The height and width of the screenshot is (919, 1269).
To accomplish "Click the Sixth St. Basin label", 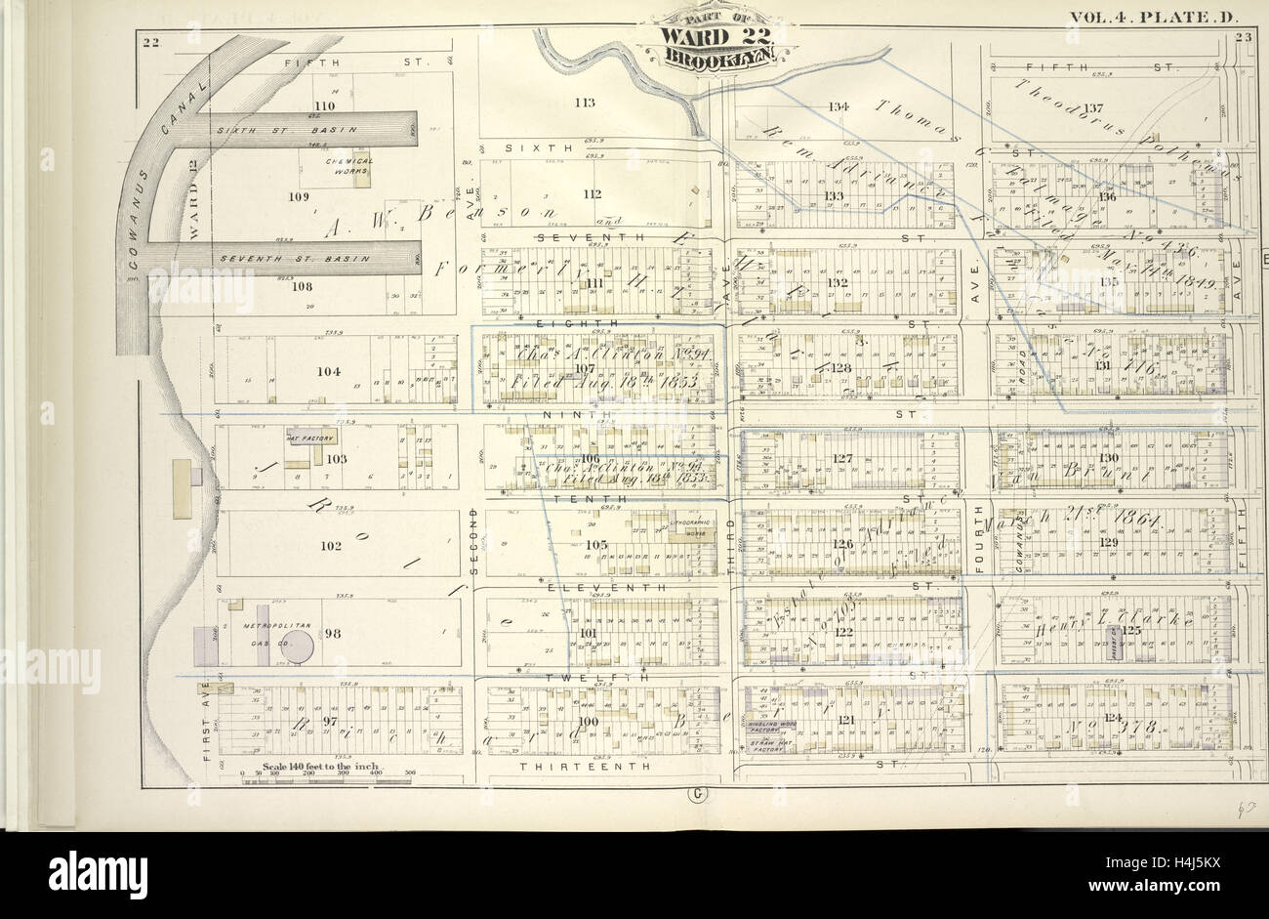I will [x=286, y=129].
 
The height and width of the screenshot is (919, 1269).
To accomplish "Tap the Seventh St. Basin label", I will [x=294, y=259].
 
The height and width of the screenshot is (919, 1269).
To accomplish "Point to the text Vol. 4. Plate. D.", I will [x=1143, y=17].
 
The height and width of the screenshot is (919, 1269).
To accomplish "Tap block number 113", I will [x=584, y=102].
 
